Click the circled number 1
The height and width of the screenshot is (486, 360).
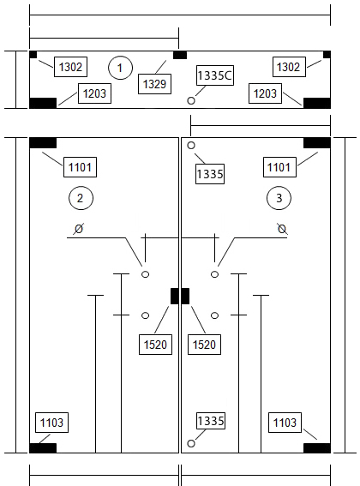[120, 68]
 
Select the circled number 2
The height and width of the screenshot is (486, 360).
[81, 198]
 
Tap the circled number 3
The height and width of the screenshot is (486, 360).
[279, 198]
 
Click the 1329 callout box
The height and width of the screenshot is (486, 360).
[154, 84]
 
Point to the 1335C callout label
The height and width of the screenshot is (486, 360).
[215, 75]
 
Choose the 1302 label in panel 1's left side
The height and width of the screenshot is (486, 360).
[70, 67]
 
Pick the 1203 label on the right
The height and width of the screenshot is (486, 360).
[265, 93]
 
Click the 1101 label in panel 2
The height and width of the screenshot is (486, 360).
[80, 167]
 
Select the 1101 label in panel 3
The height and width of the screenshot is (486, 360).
[279, 167]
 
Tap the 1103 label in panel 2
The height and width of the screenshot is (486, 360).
[51, 423]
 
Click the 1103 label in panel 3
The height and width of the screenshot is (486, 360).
[285, 423]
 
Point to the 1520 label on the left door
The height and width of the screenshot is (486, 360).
[155, 345]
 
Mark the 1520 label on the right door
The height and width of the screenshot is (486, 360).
[204, 345]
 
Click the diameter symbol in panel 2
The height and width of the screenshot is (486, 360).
[79, 229]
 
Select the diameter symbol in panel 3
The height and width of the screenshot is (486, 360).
[282, 229]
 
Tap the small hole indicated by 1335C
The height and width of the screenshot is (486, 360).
[191, 101]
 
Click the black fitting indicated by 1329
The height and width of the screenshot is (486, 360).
[180, 55]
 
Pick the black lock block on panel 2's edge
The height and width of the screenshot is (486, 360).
[175, 296]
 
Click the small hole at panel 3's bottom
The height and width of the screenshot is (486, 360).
[191, 443]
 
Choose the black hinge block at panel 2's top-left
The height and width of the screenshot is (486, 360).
[43, 143]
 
